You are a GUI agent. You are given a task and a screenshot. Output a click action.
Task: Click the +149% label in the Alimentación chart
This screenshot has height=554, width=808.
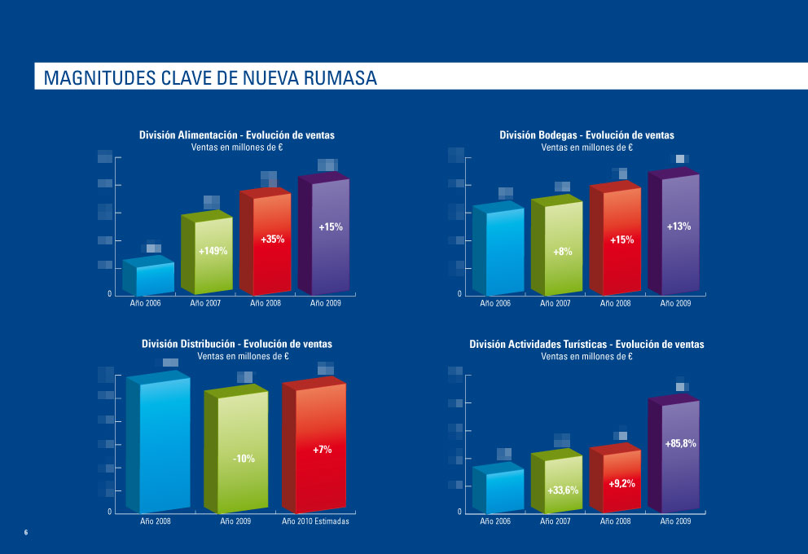[x=213, y=252]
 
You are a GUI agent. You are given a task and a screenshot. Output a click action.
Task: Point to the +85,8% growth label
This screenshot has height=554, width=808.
[x=680, y=443]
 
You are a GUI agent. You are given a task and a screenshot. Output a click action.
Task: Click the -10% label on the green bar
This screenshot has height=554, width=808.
[x=244, y=459]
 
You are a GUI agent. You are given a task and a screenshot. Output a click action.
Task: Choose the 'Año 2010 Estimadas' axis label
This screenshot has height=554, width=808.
[x=315, y=521]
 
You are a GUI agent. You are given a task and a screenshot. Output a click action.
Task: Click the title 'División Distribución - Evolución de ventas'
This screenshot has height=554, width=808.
[x=237, y=345]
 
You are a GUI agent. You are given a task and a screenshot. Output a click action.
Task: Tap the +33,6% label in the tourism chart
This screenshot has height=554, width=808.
[x=563, y=490]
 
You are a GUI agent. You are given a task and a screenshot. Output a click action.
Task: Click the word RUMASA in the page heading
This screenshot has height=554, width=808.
[x=340, y=78]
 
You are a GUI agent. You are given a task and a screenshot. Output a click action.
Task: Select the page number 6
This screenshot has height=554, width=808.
[x=25, y=533]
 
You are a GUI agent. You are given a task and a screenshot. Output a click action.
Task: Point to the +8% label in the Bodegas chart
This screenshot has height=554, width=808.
[x=563, y=252]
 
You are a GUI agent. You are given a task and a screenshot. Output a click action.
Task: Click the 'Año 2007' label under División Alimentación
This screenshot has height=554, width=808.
[x=207, y=303]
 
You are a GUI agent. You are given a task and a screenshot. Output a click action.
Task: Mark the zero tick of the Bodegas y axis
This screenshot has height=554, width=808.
[x=459, y=293]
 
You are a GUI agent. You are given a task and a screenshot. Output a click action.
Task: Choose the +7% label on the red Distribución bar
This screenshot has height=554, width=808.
[x=323, y=449]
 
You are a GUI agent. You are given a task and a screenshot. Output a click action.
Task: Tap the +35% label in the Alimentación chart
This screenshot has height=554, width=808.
[x=272, y=240]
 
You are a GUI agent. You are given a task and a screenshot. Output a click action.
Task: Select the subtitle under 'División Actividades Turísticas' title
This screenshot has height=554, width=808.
[x=586, y=356]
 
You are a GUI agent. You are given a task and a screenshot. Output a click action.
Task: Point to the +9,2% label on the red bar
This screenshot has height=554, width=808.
[x=622, y=484]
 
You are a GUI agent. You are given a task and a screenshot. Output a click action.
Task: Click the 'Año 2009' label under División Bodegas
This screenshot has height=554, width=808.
[x=675, y=303]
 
